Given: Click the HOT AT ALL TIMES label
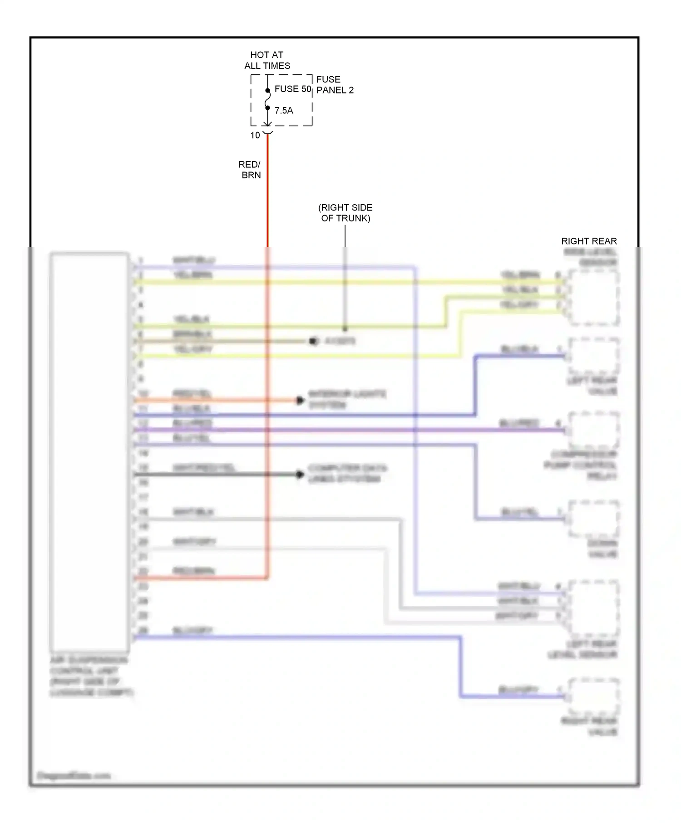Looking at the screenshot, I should point(267,60).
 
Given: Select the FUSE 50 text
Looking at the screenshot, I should point(293,89).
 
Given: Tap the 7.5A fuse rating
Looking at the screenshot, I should point(284,110).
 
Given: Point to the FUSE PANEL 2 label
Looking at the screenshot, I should point(335,85).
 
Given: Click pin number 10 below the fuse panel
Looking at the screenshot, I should point(255,135).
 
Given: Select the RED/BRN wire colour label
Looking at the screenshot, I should point(250,170).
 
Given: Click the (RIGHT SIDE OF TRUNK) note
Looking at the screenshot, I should point(345,213).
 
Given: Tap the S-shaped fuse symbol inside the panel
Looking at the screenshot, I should point(267,99).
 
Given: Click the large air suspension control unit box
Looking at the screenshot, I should point(89,451).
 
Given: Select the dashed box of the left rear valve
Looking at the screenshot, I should point(593,356).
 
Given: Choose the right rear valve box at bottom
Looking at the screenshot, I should point(593,696).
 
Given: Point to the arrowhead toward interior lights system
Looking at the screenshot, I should point(300,400).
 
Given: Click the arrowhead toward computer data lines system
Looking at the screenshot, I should point(300,475).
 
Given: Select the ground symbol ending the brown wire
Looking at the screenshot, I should point(313,341).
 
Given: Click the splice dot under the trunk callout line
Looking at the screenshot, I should point(345,328).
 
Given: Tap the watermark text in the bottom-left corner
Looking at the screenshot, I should point(74,775).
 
